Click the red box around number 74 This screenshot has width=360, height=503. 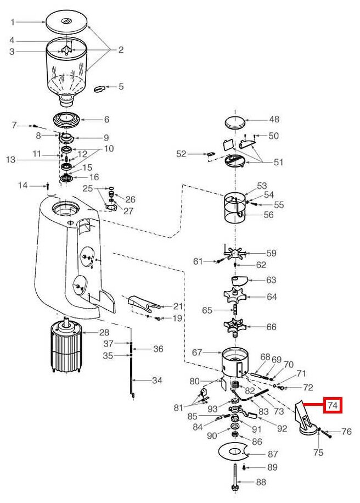pyautogui.click(x=333, y=405)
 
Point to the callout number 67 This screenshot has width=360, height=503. pyautogui.click(x=198, y=352)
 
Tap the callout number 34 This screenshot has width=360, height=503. pyautogui.click(x=157, y=380)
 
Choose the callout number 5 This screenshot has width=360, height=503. pyautogui.click(x=121, y=86)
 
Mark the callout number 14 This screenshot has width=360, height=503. pyautogui.click(x=22, y=186)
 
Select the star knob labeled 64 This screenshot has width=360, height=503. pyautogui.click(x=235, y=297)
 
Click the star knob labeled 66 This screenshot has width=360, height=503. pyautogui.click(x=235, y=327)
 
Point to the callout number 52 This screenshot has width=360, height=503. pyautogui.click(x=181, y=154)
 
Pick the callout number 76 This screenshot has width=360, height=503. pyautogui.click(x=346, y=432)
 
